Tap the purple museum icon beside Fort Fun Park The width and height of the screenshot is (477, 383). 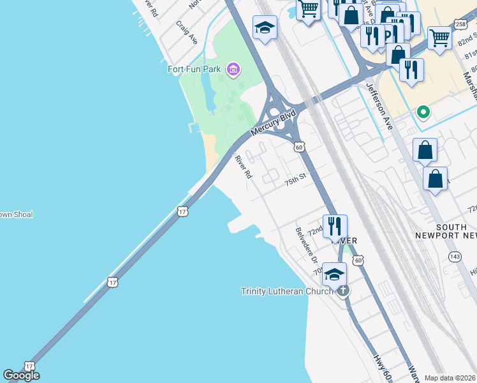point(233,69)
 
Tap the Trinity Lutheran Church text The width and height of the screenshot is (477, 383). point(287,292)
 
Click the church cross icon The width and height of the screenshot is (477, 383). point(343,292)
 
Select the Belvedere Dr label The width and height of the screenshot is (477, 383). point(307,245)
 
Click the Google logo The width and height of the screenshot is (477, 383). point(21,375)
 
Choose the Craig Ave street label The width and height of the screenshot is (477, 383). point(186,32)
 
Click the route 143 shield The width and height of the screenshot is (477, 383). point(455,257)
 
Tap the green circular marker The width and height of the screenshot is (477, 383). point(422,113)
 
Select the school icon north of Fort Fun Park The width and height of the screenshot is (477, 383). point(265,27)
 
